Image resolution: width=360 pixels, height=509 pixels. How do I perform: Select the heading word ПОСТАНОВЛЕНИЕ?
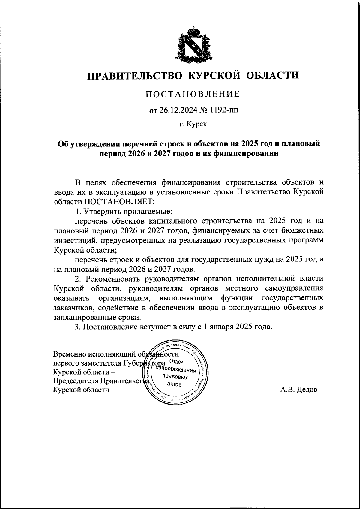click(x=193, y=94)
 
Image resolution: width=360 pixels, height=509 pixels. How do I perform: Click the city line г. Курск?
click(x=193, y=124)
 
